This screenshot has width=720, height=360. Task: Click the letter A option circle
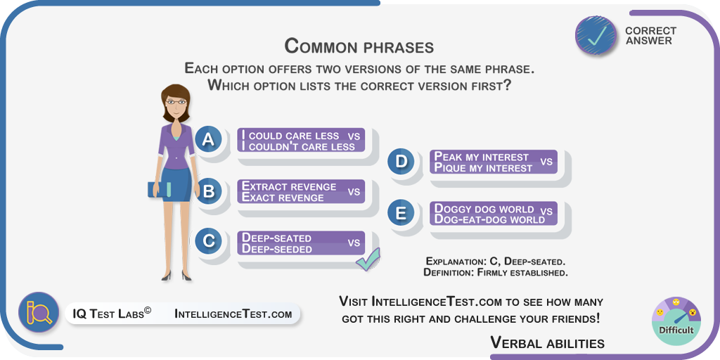[208, 140]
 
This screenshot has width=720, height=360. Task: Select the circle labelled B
[208, 191]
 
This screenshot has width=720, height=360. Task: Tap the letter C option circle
[208, 242]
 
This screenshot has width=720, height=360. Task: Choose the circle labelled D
[401, 162]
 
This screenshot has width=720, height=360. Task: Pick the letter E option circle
[401, 213]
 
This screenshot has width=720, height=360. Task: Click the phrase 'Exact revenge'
[283, 198]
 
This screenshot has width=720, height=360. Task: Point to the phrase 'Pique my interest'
[483, 168]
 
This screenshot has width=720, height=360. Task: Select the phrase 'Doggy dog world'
[484, 208]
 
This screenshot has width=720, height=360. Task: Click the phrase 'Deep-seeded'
[277, 249]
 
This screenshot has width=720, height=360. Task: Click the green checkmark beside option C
[368, 259]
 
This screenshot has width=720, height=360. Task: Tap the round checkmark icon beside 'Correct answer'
[596, 36]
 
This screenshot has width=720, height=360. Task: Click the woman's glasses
[176, 101]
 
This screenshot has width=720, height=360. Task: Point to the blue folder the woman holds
[160, 190]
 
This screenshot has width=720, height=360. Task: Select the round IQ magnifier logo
[39, 312]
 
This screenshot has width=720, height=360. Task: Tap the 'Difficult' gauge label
[676, 330]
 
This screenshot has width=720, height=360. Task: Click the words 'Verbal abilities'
[547, 342]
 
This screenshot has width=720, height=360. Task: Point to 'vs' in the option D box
[546, 162]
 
